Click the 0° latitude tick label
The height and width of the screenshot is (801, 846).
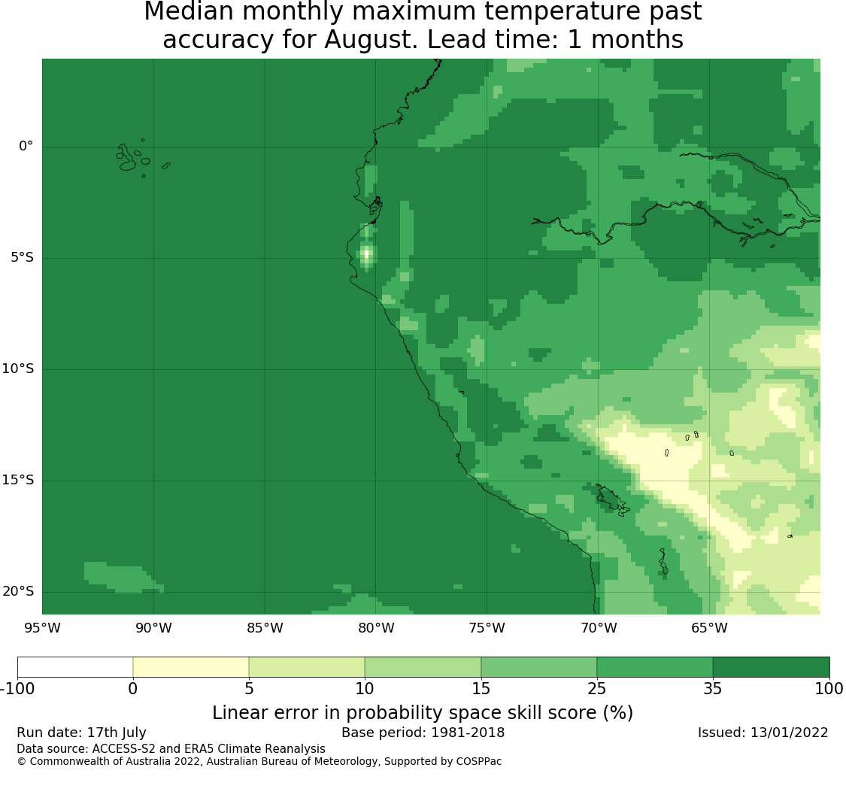(x=26, y=146)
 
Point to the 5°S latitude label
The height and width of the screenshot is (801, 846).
(x=22, y=257)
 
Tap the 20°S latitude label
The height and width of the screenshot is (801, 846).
(x=18, y=592)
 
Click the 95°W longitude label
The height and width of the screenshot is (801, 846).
(x=42, y=628)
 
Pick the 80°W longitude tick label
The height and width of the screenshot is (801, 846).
(x=376, y=628)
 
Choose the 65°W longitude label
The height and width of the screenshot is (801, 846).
(x=709, y=628)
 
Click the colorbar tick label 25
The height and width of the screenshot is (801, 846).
(x=597, y=689)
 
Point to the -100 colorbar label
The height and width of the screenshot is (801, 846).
(x=18, y=689)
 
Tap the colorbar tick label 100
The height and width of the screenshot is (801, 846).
(x=829, y=689)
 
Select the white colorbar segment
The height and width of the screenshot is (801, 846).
(x=75, y=667)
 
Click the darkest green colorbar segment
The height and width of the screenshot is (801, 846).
(x=771, y=667)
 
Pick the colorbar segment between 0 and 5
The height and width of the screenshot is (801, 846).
(x=191, y=667)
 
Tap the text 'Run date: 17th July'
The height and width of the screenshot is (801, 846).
(x=81, y=733)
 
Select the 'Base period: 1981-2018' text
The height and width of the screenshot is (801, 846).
(x=423, y=733)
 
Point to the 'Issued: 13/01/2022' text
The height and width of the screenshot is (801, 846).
(x=763, y=733)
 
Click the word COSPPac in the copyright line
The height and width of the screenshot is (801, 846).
(x=478, y=762)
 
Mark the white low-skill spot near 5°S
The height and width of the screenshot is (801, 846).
(x=367, y=253)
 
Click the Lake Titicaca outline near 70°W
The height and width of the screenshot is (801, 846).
(x=612, y=500)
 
